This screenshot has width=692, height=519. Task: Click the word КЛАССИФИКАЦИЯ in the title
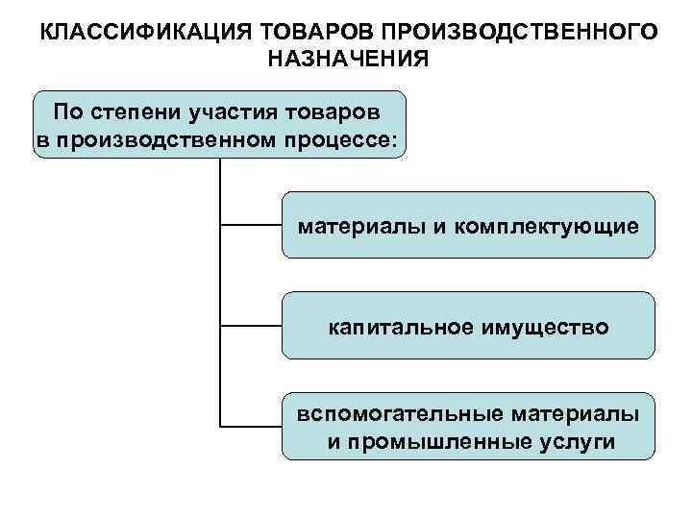pyautogui.click(x=136, y=32)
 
